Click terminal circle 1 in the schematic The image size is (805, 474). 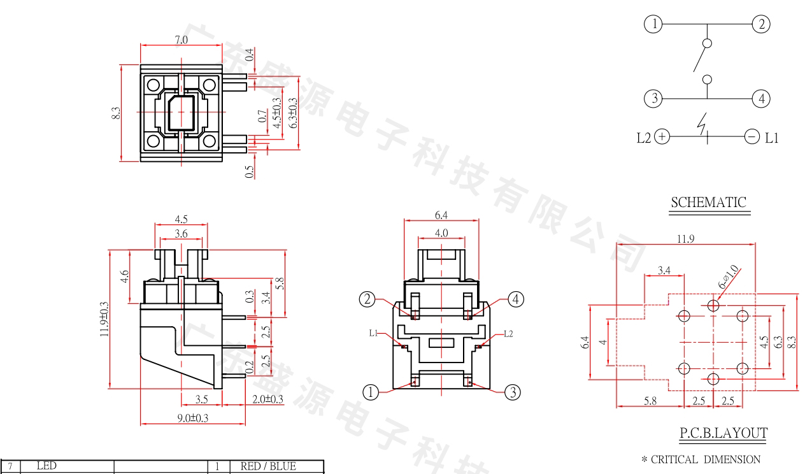[653, 25]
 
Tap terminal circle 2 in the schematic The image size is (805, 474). [760, 25]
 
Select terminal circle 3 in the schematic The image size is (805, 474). [653, 99]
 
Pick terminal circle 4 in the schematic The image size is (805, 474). [760, 99]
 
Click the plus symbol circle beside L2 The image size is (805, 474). [662, 136]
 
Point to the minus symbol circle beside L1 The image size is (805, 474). [752, 136]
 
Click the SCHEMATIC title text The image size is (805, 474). [708, 203]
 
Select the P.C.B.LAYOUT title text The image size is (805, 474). [723, 434]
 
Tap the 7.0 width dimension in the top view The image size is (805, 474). [182, 39]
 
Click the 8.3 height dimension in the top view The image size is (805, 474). [116, 113]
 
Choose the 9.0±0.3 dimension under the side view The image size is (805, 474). [193, 418]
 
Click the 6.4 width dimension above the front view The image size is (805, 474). [441, 215]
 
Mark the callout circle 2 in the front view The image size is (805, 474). [367, 299]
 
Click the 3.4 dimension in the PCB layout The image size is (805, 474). [664, 271]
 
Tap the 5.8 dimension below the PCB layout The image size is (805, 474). [650, 401]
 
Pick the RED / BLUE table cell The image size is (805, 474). [268, 466]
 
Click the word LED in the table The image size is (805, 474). [46, 466]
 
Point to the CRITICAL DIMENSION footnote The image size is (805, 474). [701, 459]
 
